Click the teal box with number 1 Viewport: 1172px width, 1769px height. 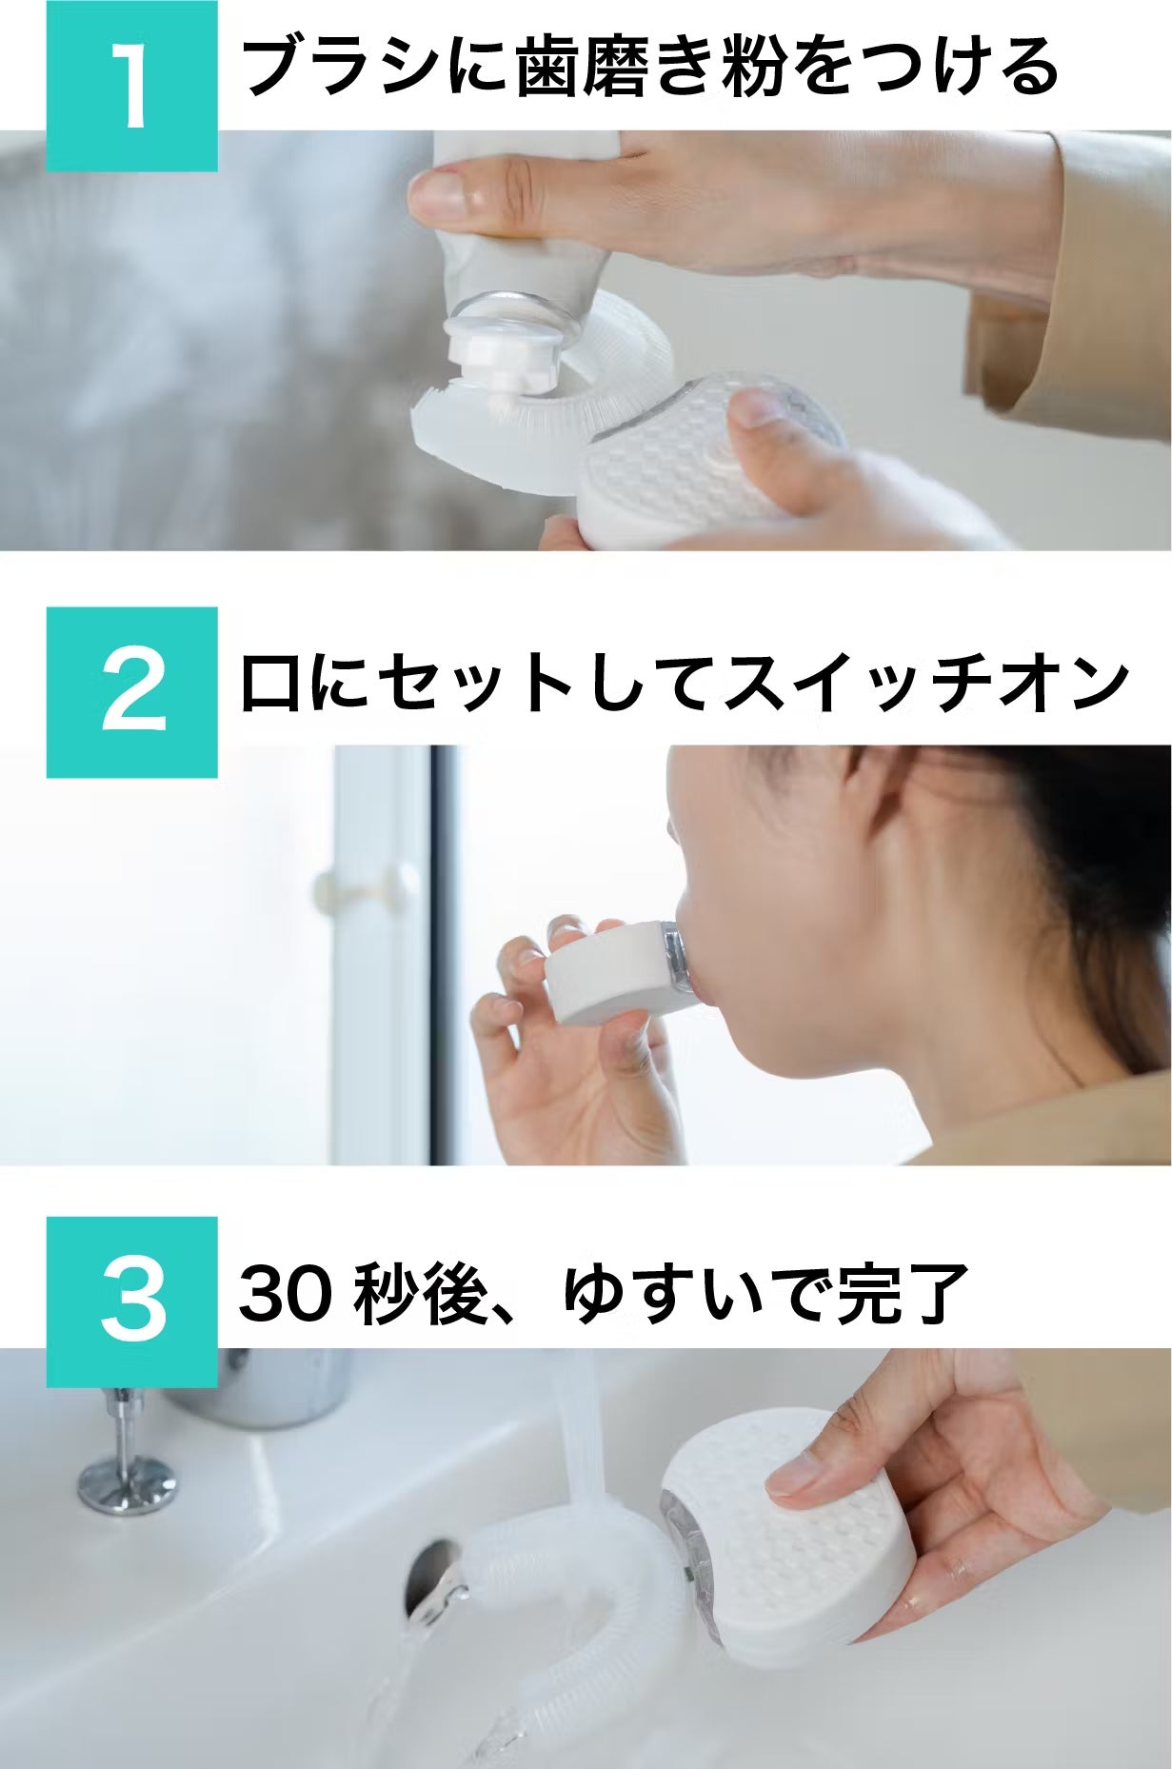click(132, 86)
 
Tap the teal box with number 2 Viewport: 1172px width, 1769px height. click(132, 692)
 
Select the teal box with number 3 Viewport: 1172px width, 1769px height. click(132, 1302)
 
